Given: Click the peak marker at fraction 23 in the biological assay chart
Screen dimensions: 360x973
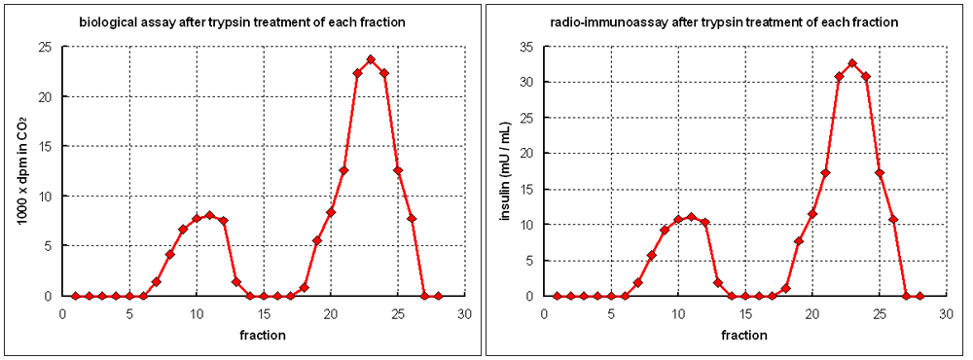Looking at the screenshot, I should pos(371,59).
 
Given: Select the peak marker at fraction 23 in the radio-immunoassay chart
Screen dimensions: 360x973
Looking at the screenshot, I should pos(852,64).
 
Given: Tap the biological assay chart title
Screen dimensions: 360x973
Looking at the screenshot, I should pos(242,21).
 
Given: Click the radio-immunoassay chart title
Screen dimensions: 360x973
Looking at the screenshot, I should pos(725,21).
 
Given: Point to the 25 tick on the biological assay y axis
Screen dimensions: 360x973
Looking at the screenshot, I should pos(45,46).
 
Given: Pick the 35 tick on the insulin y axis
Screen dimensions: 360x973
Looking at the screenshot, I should pos(526,46).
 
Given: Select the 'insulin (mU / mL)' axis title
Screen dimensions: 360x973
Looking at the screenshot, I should pos(504,170).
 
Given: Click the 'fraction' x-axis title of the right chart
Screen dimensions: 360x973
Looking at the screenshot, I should pos(744,335).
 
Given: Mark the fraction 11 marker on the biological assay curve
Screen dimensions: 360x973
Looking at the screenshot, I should pos(209,215).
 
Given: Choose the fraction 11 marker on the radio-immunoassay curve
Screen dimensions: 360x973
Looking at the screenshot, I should pos(691,216).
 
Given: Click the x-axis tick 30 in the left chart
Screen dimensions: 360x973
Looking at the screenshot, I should pos(465,314).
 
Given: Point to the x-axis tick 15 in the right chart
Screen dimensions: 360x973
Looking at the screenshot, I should pos(745,314).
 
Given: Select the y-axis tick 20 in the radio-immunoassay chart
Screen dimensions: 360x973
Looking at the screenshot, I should pos(526,153).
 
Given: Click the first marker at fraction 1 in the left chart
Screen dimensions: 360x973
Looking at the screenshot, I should pos(75,296).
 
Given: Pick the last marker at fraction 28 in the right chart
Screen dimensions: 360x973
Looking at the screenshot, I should pos(919,296).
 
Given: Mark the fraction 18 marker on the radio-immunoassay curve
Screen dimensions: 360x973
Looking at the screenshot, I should pos(785,288).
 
